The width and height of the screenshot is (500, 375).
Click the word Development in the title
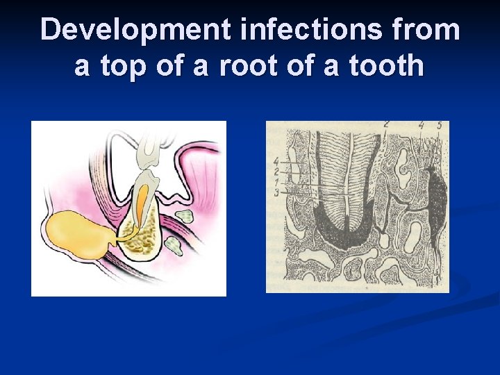pyautogui.click(x=135, y=30)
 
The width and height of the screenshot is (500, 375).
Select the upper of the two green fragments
pyautogui.click(x=184, y=215)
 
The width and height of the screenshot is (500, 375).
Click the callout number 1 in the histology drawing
pyautogui.click(x=276, y=182)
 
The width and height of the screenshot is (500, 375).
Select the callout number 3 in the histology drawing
pyautogui.click(x=276, y=192)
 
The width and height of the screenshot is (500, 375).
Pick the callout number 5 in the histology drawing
pyautogui.click(x=439, y=126)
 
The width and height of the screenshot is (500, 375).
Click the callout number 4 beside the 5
pyautogui.click(x=422, y=126)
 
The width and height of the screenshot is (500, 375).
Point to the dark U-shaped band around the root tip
pyautogui.click(x=340, y=236)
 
